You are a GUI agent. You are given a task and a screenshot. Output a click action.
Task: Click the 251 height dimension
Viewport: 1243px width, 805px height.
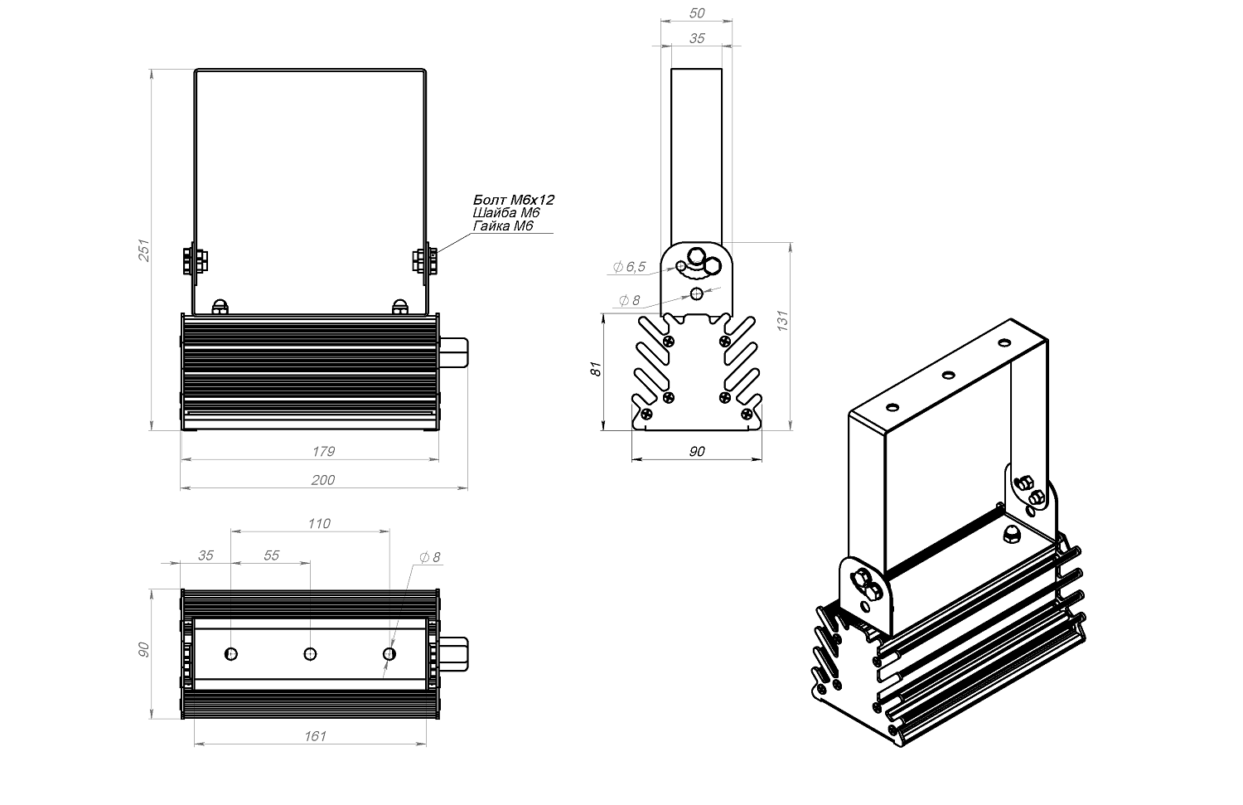(142, 250)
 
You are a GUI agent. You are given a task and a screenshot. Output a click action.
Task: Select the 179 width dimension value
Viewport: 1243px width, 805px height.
(324, 452)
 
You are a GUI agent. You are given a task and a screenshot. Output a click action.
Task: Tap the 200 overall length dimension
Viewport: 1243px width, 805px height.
(323, 480)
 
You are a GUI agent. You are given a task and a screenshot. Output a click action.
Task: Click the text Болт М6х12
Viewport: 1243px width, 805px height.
(513, 200)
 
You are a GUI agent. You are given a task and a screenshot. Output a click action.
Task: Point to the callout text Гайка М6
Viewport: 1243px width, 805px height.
(503, 226)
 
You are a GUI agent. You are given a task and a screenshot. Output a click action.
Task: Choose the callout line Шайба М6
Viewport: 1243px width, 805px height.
(506, 213)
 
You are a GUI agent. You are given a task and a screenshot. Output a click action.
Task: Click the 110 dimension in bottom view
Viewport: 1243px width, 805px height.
(318, 523)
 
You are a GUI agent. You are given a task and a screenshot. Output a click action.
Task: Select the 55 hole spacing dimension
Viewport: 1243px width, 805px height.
(272, 555)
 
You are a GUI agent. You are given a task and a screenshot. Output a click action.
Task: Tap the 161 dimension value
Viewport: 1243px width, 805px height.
(316, 735)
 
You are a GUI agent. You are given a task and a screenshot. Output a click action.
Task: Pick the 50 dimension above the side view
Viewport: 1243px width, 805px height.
(697, 13)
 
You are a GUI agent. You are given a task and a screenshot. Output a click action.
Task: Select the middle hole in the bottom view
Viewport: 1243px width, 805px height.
(311, 654)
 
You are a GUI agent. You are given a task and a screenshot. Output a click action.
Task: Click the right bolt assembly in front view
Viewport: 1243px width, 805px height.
(425, 260)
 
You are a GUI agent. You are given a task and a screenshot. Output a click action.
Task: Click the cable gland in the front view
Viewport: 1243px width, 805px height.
(454, 352)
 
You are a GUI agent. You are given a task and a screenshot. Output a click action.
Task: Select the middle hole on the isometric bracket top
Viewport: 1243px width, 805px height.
(948, 375)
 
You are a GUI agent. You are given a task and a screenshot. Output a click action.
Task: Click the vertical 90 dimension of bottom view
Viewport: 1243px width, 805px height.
(143, 650)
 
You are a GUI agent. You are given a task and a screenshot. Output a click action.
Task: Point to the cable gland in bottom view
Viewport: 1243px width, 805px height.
(454, 654)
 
